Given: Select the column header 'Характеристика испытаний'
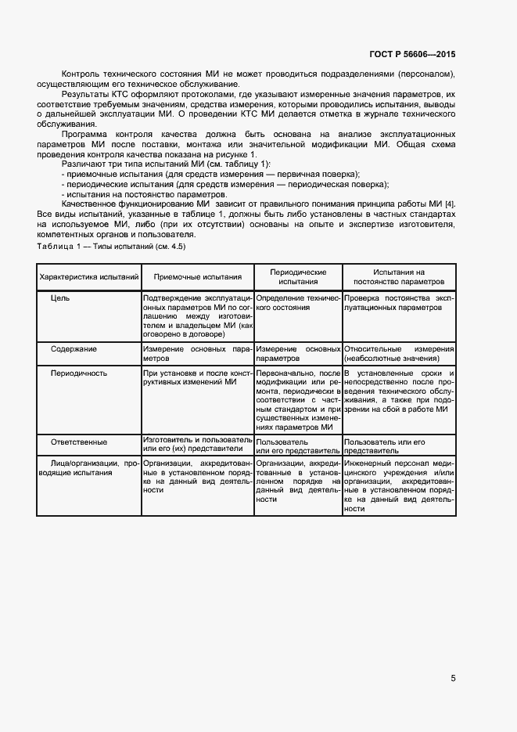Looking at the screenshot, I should (89, 276).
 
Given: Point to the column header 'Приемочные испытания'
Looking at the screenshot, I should (198, 276).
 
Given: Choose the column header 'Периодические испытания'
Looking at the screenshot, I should (298, 276).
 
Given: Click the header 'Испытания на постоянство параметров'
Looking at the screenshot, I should (399, 276).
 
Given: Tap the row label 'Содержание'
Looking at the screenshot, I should (74, 348).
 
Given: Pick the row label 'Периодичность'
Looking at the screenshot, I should (79, 373).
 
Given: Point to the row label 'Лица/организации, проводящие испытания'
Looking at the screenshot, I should (89, 468).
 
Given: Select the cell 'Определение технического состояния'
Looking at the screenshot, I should (298, 303).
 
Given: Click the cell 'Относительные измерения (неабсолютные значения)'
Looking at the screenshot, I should (399, 353).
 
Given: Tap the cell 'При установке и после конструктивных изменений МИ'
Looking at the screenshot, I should (198, 377).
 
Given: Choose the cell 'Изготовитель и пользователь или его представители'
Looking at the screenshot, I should (198, 445).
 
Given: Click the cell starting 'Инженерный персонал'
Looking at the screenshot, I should (399, 485).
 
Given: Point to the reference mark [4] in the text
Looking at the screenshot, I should (449, 204).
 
